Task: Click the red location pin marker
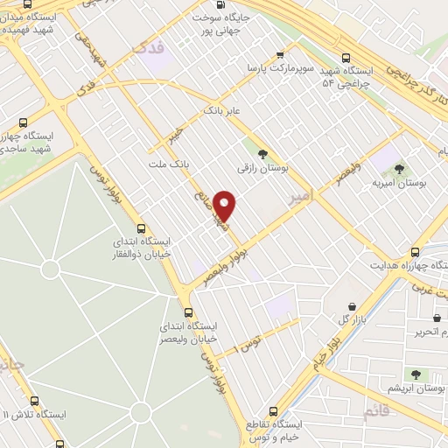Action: (225, 206)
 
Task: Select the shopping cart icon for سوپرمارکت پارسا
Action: (279, 53)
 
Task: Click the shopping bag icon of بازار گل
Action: (352, 306)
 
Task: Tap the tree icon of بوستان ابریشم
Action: (416, 374)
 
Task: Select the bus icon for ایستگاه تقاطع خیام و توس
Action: (273, 410)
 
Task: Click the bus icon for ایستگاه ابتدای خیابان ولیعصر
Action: (187, 312)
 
